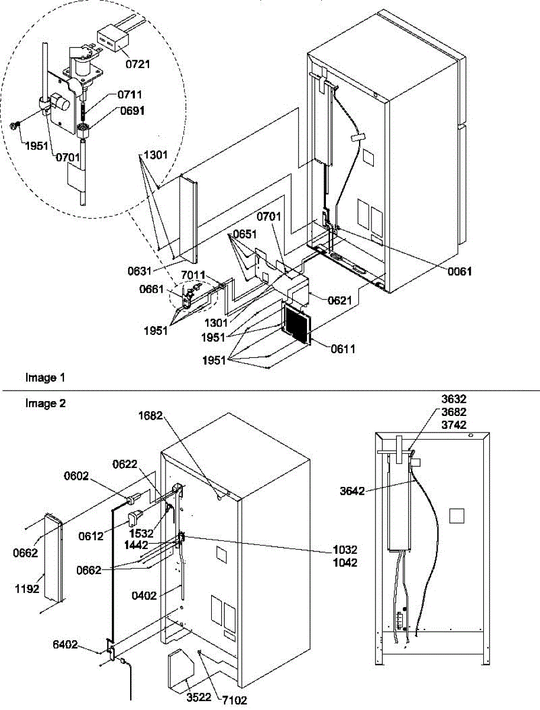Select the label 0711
pos(130,94)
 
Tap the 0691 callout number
pos(130,109)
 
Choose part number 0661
pos(152,289)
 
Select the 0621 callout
pos(340,300)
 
